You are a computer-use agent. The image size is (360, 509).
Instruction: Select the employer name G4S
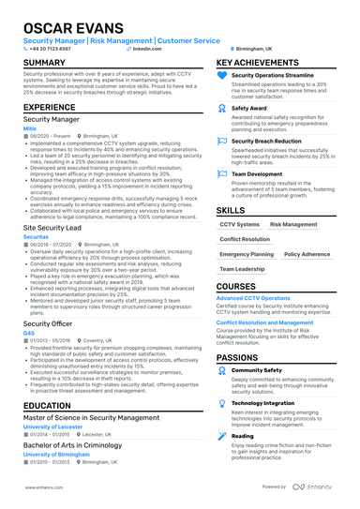coord(29,332)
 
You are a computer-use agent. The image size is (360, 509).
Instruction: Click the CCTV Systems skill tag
coord(239,225)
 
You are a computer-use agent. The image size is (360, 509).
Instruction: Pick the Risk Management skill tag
coord(293,225)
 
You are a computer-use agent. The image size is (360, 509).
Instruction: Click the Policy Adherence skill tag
coord(307,254)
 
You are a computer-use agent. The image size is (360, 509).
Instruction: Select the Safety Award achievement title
coord(248,108)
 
